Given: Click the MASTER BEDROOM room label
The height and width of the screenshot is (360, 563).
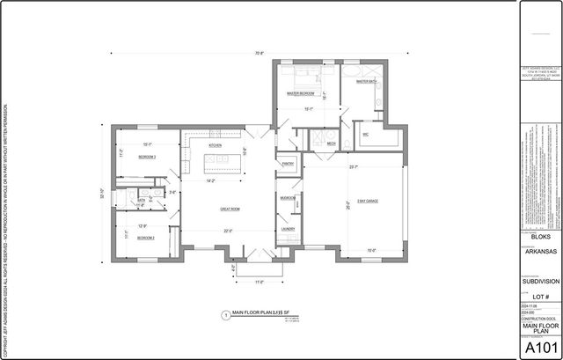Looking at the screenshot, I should coord(301,93).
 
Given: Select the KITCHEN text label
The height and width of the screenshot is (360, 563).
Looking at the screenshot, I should coord(215,145).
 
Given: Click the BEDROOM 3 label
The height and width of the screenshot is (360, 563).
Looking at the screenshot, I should coord(147,157).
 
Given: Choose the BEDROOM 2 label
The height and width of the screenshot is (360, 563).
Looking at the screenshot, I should coord(146,238).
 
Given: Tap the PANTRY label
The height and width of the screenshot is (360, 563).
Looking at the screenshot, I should coord(288,164).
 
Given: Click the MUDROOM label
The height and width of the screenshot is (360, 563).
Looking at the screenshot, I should coord(288,199).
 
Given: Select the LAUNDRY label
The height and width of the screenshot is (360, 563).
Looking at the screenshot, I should coord(288,230).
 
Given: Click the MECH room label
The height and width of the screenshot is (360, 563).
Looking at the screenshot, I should coord(331,143).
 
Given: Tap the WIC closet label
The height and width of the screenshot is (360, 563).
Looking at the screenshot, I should coord(365,135).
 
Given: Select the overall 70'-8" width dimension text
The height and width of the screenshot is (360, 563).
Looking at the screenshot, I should coord(260,54).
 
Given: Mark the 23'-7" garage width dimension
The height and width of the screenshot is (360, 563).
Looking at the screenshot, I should coord(352,167).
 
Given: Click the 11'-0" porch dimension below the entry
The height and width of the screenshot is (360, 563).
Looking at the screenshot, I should coord(260,282).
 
